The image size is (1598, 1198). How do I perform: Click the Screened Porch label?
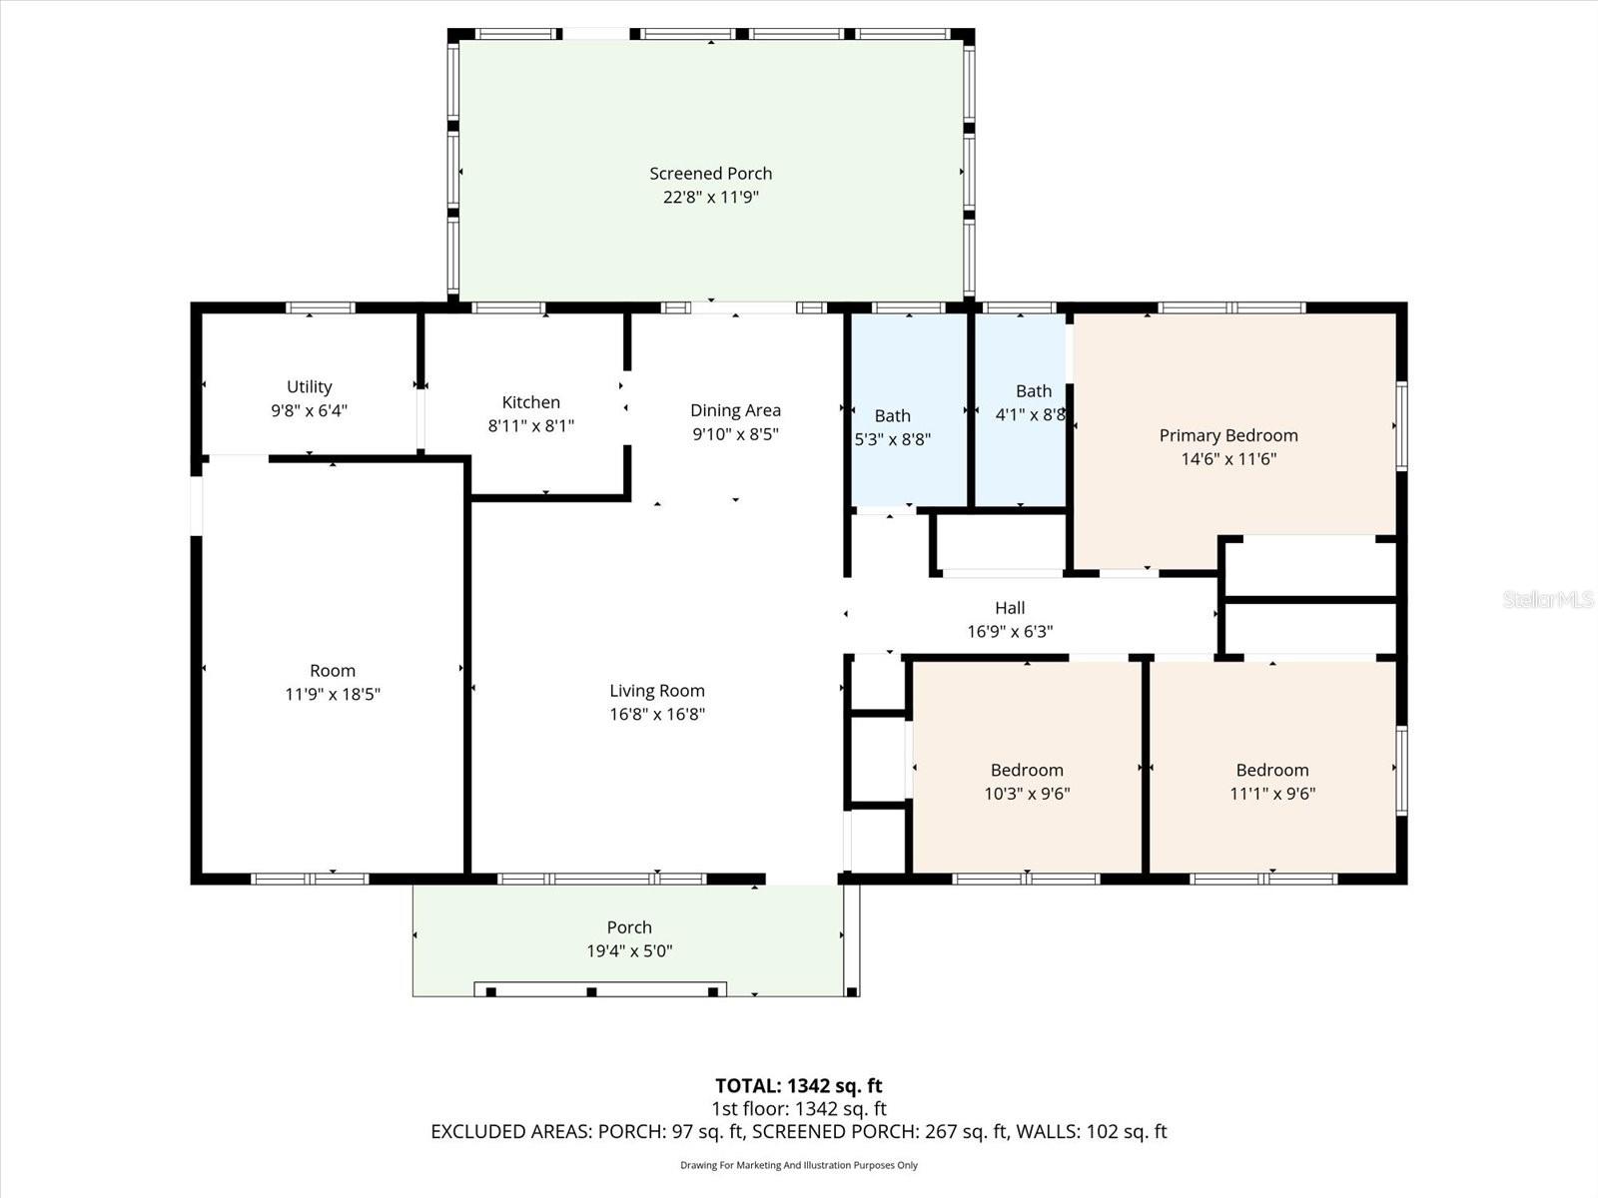[x=710, y=174]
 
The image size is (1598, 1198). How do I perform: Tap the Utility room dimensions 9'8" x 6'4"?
[x=309, y=410]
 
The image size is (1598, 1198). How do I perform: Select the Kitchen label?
[x=530, y=402]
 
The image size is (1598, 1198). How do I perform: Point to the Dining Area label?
[x=735, y=410]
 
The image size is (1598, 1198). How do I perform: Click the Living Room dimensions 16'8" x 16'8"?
[x=657, y=714]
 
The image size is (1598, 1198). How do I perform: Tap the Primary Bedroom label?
[x=1227, y=435]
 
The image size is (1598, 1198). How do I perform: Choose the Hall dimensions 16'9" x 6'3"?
[x=1009, y=631]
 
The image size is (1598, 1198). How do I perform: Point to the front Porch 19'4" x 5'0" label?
[x=629, y=927]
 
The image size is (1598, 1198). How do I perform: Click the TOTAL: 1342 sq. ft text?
[x=798, y=1085]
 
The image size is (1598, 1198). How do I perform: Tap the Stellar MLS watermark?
[x=1547, y=599]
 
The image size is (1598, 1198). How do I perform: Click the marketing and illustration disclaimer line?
[x=798, y=1165]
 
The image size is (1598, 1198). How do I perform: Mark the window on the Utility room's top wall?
[x=320, y=307]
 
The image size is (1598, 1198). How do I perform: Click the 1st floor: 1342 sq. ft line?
[x=798, y=1108]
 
